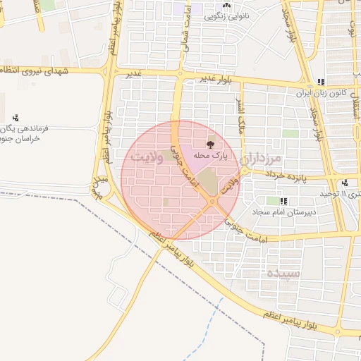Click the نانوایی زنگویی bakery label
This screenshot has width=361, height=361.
[226, 15]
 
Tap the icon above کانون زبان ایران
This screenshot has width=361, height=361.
[322, 82]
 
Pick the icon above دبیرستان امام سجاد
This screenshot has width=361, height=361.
[283, 201]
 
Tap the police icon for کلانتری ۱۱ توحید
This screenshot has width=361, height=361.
[345, 183]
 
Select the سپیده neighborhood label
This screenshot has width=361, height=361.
[284, 272]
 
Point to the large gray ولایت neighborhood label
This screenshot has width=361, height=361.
[148, 157]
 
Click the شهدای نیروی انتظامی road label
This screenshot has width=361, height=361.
[42, 71]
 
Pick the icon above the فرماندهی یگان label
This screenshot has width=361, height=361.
[15, 118]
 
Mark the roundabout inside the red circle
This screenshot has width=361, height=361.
[212, 203]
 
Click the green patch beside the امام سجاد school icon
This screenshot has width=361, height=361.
[273, 201]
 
